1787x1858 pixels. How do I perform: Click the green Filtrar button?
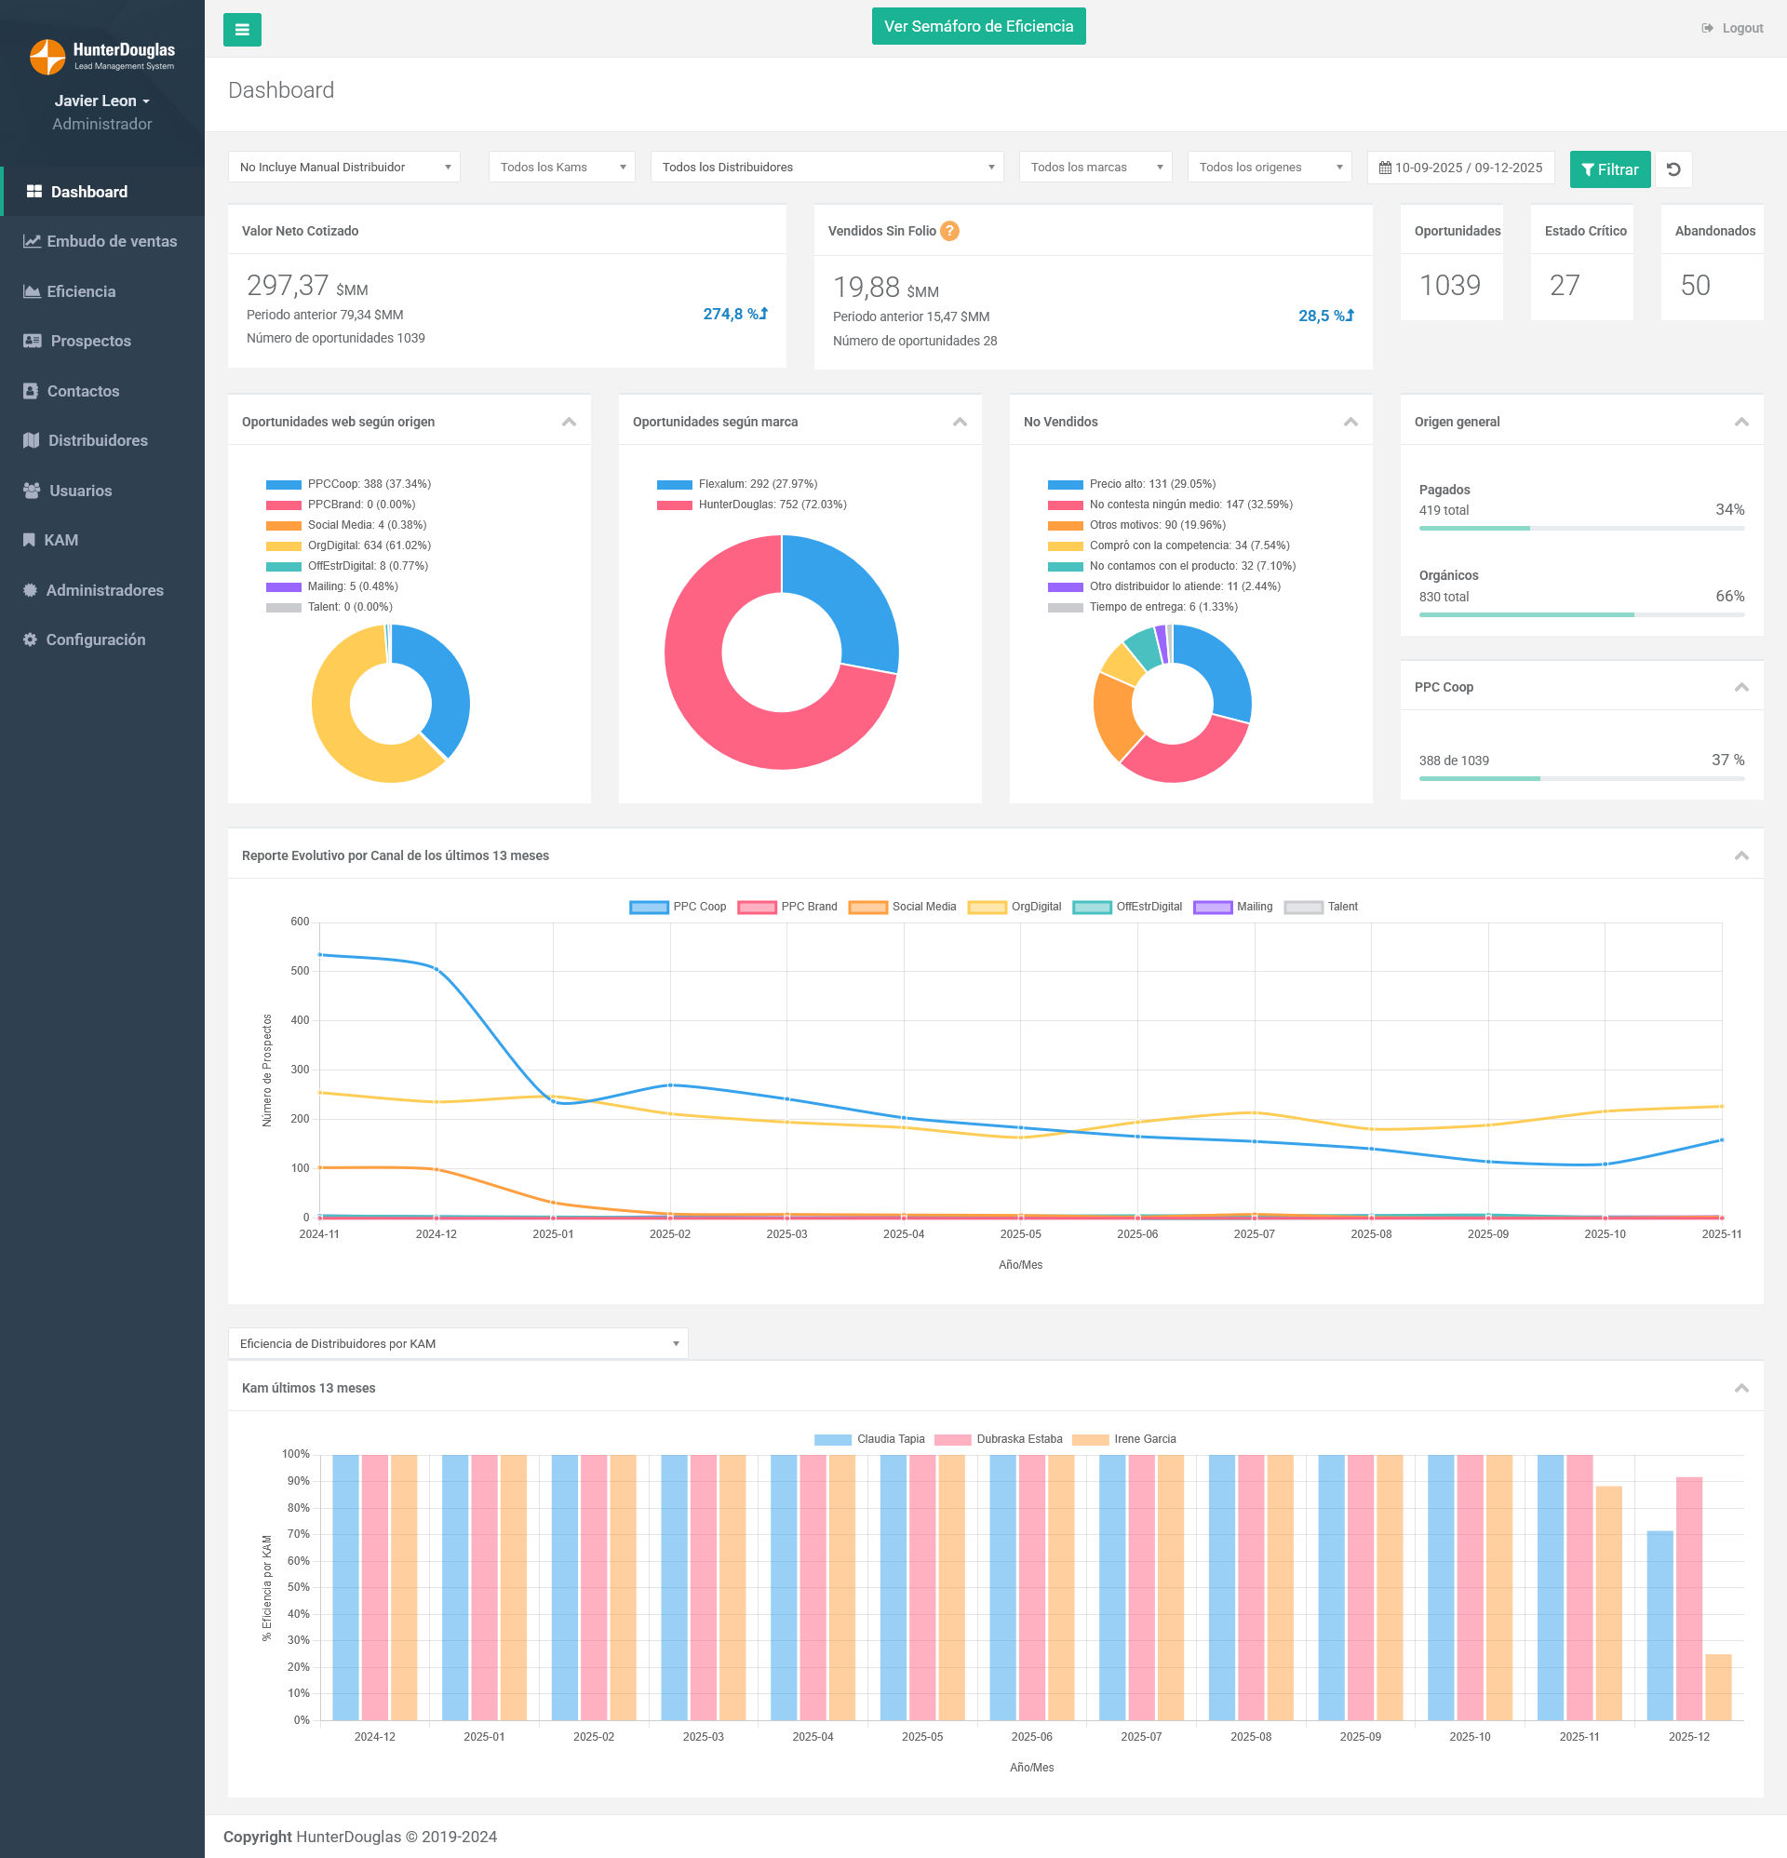point(1609,168)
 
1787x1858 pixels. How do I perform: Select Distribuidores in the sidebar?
point(97,441)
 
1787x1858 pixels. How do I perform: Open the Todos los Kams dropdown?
point(561,167)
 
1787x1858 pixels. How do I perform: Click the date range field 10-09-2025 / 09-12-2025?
point(1460,168)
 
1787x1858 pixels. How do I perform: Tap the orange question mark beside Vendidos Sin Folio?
point(949,231)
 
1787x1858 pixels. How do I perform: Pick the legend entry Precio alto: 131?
point(1151,484)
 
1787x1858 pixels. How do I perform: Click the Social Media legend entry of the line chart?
point(903,908)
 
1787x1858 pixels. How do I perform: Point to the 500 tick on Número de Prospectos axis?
point(300,971)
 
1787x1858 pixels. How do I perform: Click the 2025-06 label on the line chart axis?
point(1136,1234)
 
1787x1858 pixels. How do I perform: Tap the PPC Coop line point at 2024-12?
point(437,969)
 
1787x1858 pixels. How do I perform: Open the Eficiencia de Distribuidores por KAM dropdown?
point(458,1343)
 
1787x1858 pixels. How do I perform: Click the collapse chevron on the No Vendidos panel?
point(1350,422)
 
